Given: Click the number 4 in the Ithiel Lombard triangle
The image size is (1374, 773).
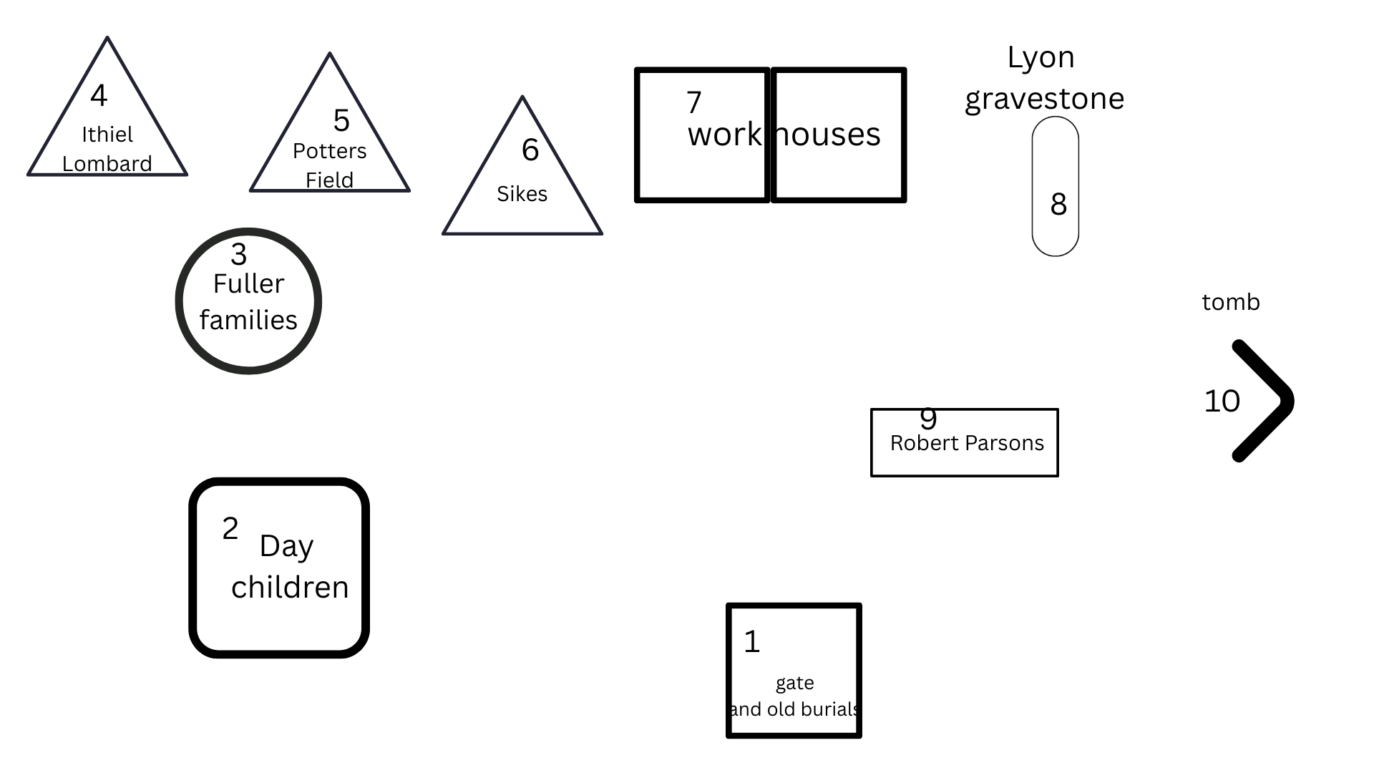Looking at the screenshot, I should point(99,95).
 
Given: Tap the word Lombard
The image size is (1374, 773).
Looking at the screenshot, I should point(107,164).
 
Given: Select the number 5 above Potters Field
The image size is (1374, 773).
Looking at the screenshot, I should point(341,120).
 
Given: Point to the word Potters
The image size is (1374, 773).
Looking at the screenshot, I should point(329,151).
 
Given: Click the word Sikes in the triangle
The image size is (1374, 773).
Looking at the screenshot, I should point(522,194).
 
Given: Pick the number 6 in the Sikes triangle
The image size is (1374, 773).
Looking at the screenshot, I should point(530,150).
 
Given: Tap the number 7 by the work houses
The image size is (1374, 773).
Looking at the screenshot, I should point(693,102).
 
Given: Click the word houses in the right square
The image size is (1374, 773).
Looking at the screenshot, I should point(829,135).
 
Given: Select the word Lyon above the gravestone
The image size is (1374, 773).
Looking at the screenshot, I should point(1041,57).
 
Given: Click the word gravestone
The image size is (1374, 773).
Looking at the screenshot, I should point(1044,99).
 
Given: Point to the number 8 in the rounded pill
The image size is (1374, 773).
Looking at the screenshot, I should point(1058,205).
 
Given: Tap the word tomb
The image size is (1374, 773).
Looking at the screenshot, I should point(1230,302).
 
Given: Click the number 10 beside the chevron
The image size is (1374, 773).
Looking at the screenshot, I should point(1222,401).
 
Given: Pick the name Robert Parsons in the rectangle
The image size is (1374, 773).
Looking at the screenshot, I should point(967,443).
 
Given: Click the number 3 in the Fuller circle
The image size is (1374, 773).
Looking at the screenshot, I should point(239,254).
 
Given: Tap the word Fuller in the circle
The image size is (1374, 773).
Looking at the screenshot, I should point(248,284).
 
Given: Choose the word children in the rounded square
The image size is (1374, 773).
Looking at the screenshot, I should point(290,587).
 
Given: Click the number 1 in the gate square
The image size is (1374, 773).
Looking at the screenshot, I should point(751,641).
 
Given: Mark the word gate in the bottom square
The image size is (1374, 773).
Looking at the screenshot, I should point(794,684).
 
